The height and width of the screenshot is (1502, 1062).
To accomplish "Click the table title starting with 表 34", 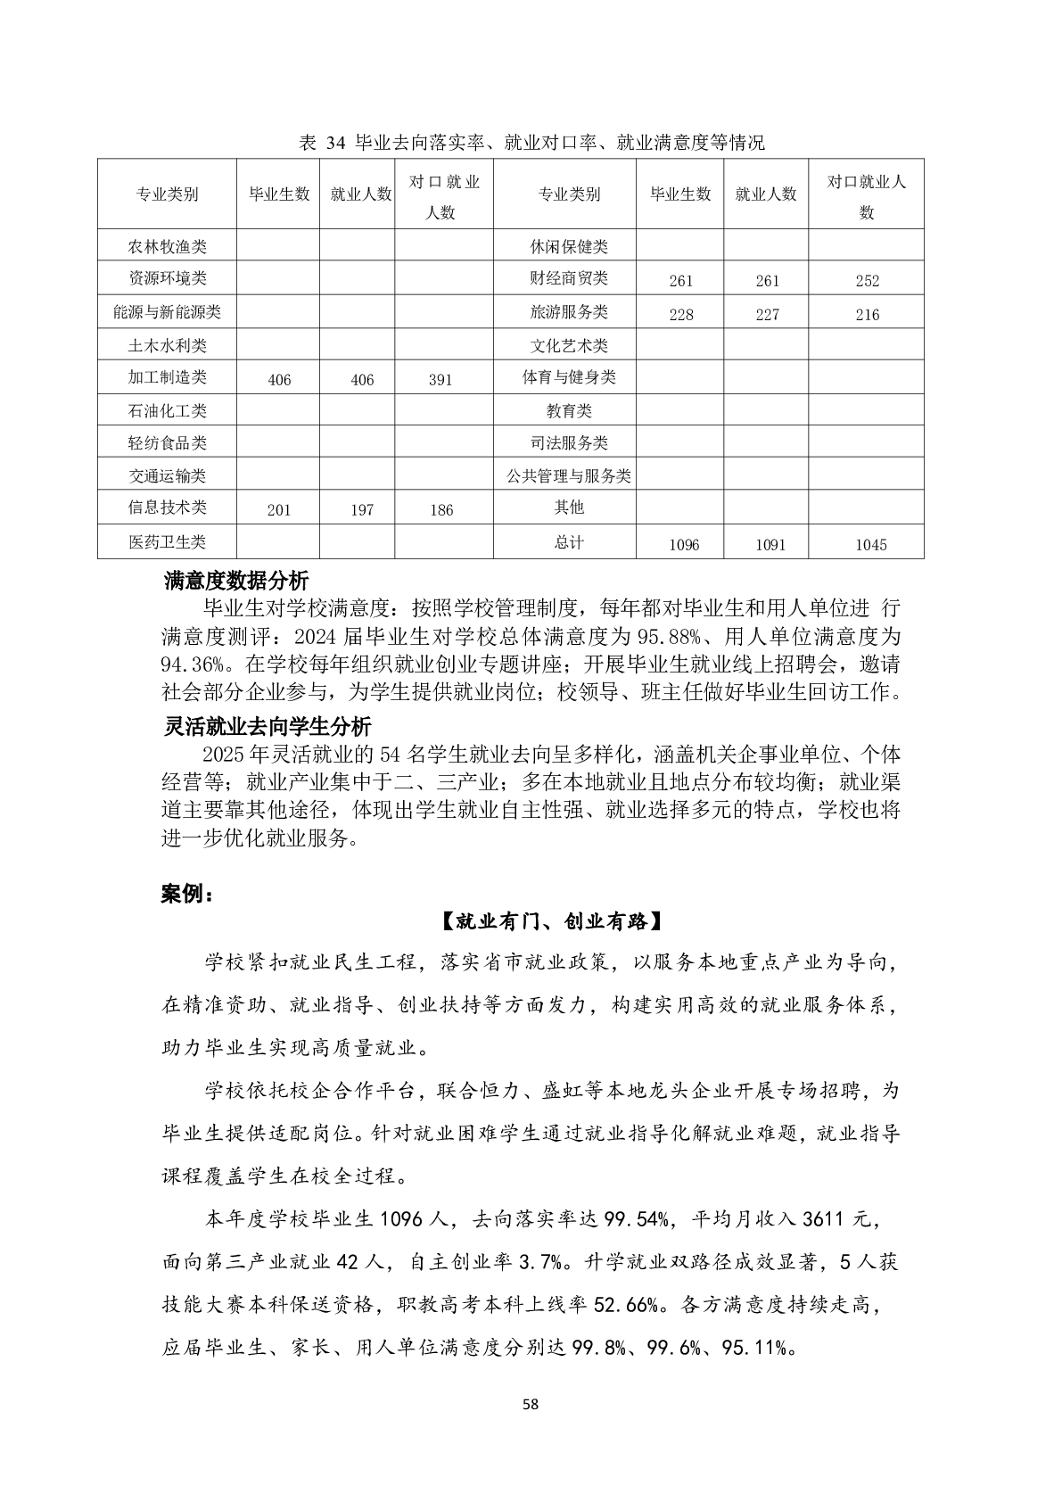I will point(532,143).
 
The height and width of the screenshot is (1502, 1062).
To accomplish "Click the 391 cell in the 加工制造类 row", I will point(440,380).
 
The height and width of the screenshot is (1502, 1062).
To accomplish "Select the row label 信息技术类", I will point(167,508).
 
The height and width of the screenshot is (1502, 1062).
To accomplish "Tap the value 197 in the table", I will point(362,510).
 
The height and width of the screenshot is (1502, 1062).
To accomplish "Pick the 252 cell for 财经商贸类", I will point(867,281).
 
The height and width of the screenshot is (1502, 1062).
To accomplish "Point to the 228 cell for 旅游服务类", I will point(680,315).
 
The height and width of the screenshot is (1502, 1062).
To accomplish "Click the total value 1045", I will point(870,545).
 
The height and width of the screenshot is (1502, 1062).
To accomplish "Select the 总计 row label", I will point(569,542).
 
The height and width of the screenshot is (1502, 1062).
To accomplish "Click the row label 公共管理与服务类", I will point(569,476).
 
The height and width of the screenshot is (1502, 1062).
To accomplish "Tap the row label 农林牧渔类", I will point(167,246).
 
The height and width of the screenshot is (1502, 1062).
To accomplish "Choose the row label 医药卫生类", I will point(167,541).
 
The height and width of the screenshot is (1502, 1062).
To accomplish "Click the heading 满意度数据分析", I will point(236,582).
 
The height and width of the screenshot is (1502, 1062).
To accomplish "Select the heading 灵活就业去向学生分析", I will point(267,726).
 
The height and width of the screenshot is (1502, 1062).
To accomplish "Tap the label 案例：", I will point(187,895).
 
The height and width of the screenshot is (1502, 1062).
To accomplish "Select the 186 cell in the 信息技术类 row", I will point(441,510).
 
